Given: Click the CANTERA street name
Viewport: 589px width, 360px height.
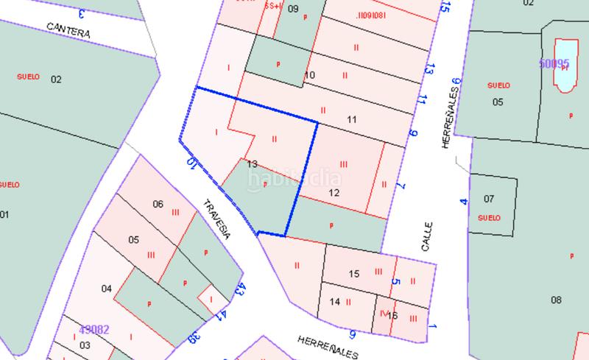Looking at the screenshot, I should click(68, 31).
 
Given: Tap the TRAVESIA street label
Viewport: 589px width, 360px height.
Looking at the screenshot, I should click(217, 219).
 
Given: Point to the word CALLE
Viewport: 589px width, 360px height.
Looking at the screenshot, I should click(426, 237).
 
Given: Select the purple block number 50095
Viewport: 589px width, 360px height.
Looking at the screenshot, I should click(554, 64).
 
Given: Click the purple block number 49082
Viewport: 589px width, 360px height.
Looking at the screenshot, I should click(94, 329).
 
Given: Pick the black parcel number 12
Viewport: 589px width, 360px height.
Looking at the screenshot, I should click(334, 193).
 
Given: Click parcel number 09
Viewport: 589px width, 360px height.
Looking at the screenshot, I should click(293, 9).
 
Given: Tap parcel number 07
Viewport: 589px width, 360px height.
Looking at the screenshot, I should click(489, 199).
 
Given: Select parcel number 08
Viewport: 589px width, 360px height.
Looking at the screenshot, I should click(556, 300).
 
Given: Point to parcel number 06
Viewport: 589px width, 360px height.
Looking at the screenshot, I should click(158, 204).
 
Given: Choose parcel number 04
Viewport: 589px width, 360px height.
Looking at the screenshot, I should click(107, 289).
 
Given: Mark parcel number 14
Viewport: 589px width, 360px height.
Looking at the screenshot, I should click(334, 301).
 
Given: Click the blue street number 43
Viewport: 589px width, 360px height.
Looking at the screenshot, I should click(239, 289).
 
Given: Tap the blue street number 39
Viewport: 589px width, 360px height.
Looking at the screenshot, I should click(194, 338).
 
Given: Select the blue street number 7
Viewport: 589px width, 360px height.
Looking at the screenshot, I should click(401, 186).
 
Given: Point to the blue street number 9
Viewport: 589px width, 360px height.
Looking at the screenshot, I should click(413, 133).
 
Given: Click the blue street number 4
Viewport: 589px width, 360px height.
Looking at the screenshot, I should click(463, 200).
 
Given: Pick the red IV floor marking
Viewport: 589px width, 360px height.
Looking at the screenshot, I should click(383, 312).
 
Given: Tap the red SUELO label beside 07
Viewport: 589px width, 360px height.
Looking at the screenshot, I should click(489, 218).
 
